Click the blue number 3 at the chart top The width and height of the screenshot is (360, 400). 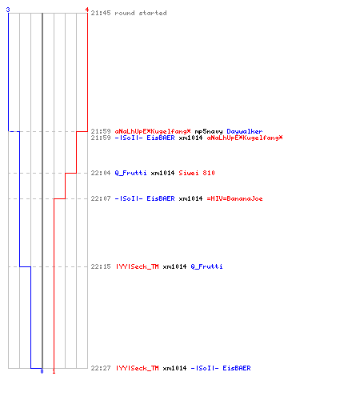[x=8, y=10]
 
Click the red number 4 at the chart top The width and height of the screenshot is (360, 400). [x=87, y=10]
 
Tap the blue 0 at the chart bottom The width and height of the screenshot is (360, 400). [x=42, y=371]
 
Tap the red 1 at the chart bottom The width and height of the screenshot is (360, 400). [x=54, y=371]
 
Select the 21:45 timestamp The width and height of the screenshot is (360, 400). [x=101, y=13]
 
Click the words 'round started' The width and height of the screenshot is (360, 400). [x=141, y=13]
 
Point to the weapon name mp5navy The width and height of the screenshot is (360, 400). [x=209, y=131]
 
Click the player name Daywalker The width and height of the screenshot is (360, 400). [x=245, y=131]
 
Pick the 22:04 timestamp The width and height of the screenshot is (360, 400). [x=101, y=173]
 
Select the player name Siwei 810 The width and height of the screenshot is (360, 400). [x=197, y=173]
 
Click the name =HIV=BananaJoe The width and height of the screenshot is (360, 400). [x=234, y=198]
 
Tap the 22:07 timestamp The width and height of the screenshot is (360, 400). [x=101, y=198]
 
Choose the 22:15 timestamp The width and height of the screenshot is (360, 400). [x=101, y=266]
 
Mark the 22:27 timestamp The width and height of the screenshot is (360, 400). [x=101, y=368]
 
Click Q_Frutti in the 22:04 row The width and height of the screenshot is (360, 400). [x=130, y=173]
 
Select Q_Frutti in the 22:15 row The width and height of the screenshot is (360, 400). [x=206, y=266]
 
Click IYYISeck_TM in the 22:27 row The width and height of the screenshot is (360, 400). [x=138, y=368]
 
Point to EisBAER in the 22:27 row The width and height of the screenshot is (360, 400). [x=237, y=368]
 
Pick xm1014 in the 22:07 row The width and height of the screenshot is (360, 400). [x=190, y=198]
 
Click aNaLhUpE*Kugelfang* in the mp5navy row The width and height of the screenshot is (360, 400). [x=153, y=131]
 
